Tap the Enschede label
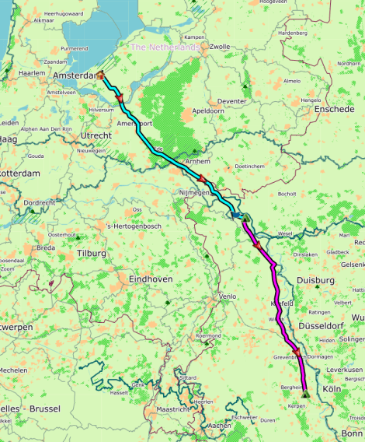(x=335, y=110)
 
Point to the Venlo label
(x=228, y=296)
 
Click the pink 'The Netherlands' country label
(x=165, y=47)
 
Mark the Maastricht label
(x=173, y=409)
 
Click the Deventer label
(x=232, y=102)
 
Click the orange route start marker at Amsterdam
(x=100, y=75)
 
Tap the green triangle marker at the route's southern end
(x=305, y=394)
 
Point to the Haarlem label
(x=33, y=72)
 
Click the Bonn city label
(x=352, y=433)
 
